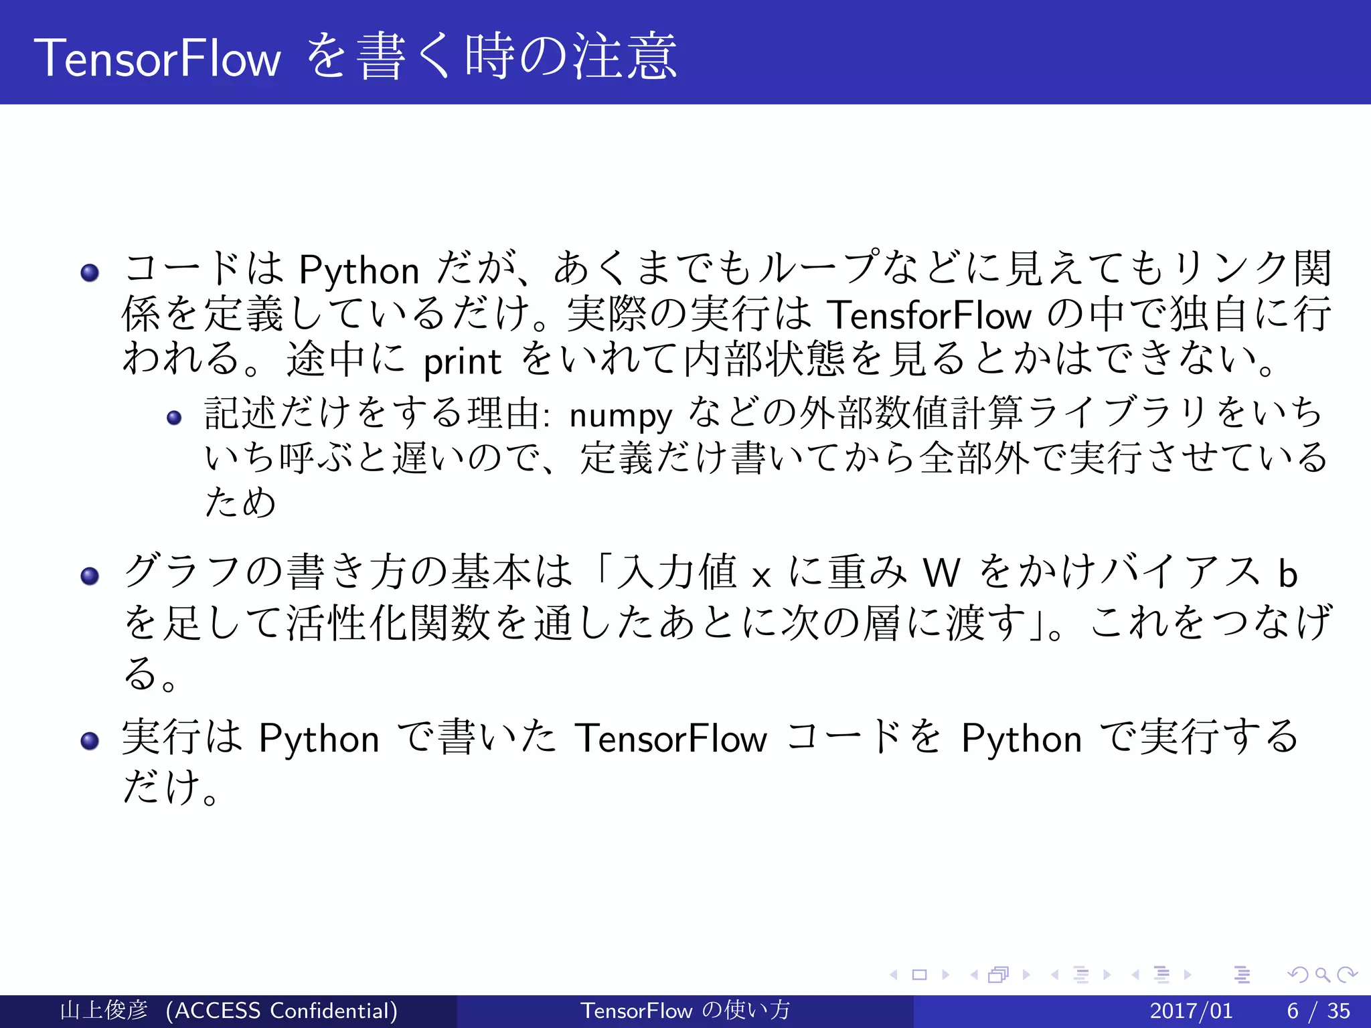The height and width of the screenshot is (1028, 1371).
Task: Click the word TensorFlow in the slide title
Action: coord(157,59)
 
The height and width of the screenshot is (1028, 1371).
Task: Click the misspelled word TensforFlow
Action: coord(929,315)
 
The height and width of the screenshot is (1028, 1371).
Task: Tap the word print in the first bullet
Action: coord(462,362)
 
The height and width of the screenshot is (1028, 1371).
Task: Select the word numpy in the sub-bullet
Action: coord(620,416)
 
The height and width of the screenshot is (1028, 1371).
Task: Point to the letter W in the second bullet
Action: coord(941,574)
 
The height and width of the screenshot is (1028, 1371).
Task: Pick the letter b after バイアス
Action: coord(1287,574)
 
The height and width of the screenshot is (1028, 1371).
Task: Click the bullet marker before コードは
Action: coord(90,272)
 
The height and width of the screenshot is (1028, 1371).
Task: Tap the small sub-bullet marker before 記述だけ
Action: coord(174,418)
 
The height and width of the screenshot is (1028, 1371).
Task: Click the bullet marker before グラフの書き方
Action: coord(90,576)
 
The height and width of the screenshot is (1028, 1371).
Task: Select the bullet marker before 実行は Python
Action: coord(90,740)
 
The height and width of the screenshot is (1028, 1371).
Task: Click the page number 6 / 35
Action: coord(1318,1011)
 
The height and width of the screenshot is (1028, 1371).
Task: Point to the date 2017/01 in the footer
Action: coord(1190,1011)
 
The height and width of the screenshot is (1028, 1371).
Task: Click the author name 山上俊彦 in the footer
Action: coord(104,1011)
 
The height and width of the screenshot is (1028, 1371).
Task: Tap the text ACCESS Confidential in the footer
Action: coord(282,1011)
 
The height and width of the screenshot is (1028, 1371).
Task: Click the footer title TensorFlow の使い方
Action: coord(685,1011)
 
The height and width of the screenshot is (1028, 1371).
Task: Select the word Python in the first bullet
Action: coord(359,271)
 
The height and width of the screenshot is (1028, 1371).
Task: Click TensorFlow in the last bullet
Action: coord(671,739)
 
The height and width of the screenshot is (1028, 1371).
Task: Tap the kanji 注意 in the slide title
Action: coord(625,58)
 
